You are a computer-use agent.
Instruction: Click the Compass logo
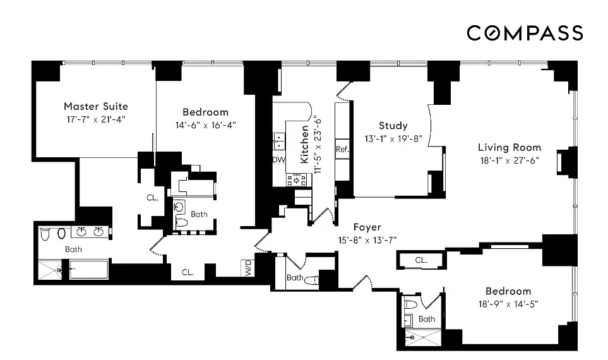tap(524, 32)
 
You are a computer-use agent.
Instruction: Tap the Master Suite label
tap(96, 106)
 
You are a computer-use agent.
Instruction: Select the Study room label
tap(393, 126)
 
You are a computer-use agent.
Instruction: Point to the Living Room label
tap(510, 147)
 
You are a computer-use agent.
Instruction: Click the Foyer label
tap(367, 227)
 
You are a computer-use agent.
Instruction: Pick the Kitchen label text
tap(305, 145)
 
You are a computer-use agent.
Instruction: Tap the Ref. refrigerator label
tap(342, 149)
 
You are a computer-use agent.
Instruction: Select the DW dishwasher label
tap(278, 160)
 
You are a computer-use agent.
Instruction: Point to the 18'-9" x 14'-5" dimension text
tap(508, 304)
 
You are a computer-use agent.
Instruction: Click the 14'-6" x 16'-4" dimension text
tap(205, 125)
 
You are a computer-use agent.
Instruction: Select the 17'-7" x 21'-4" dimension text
tap(95, 119)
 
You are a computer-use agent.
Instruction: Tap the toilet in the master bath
tap(45, 234)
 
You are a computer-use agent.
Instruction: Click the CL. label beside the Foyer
tap(421, 260)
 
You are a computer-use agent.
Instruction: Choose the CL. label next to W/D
tap(188, 272)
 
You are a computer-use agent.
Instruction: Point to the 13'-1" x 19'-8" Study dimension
tap(393, 138)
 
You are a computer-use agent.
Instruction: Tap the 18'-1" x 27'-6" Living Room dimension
tap(510, 160)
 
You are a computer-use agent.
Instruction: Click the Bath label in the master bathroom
tap(73, 249)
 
